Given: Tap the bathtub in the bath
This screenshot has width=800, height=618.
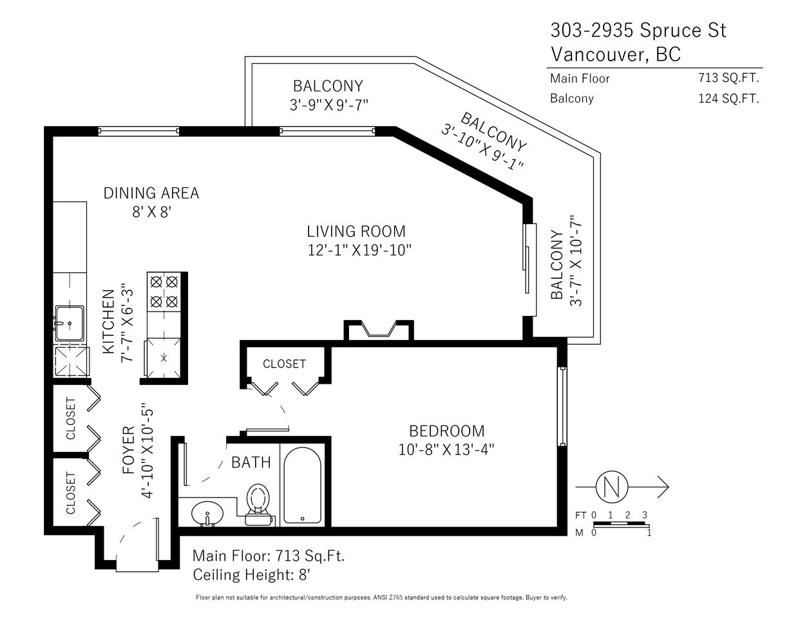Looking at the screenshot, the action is coord(302,485).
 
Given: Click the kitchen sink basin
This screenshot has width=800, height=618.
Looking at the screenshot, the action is coord(69,323).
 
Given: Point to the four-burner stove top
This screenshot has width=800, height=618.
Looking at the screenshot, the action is coord(164,292).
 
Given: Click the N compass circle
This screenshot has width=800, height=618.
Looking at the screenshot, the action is coord(612,487).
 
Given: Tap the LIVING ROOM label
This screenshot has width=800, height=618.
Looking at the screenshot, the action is coord(356,231).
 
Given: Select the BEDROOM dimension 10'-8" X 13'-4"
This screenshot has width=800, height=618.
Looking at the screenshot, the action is coord(446,449).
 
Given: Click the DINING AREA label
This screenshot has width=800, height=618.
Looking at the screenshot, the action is coord(151,193).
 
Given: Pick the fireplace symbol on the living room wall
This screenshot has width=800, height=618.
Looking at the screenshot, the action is coord(379,330).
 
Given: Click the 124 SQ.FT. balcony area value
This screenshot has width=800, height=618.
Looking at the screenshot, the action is coord(729,98).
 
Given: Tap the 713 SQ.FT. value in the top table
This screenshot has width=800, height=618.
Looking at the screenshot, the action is coord(729,78).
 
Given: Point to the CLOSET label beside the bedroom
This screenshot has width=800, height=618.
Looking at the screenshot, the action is coord(284,364).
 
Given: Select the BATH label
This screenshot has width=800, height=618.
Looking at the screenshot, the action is coord(251,462).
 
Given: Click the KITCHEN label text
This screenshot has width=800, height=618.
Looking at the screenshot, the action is coord(109,322).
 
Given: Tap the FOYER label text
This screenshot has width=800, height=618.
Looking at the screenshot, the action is coord(129,450).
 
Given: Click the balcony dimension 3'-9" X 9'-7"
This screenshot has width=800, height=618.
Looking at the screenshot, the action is coord(329,106).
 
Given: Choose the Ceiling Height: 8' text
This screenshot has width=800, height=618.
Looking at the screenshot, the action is coord(251,575).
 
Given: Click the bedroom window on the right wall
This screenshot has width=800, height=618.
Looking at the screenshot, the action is coord(562,406).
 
